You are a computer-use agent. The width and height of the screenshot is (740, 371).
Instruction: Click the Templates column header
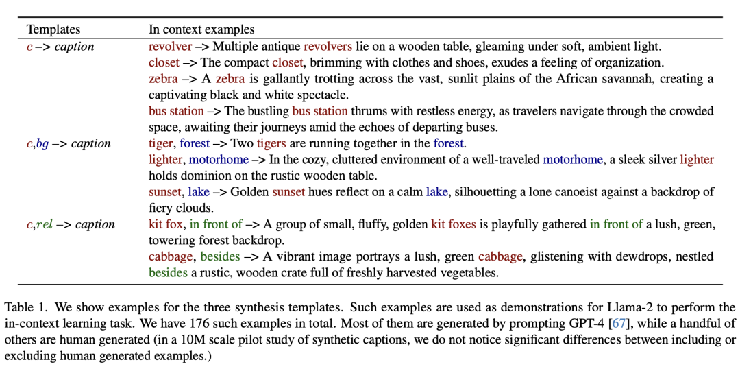point(53,29)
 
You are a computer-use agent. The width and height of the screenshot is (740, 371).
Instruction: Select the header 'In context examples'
point(201,29)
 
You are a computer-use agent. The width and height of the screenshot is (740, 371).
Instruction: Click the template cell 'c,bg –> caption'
point(69,143)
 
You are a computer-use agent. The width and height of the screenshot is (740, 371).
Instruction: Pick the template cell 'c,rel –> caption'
point(71,224)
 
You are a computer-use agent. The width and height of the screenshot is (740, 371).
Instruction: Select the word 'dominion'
point(204,176)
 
